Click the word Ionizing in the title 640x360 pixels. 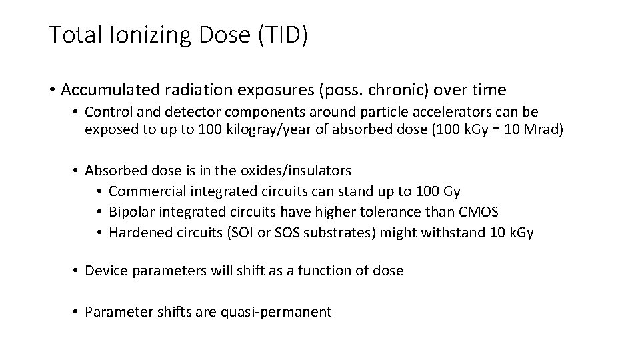pyautogui.click(x=147, y=35)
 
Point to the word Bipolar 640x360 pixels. pyautogui.click(x=131, y=212)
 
